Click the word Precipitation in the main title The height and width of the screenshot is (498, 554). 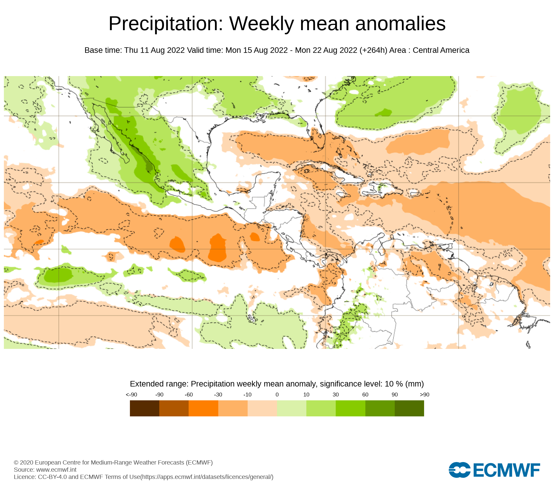click(x=166, y=24)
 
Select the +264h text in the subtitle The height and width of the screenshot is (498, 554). click(x=373, y=50)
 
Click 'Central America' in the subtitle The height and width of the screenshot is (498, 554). click(x=441, y=50)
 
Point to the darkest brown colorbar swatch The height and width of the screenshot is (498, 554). click(x=144, y=408)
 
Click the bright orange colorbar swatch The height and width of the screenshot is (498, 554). click(x=203, y=408)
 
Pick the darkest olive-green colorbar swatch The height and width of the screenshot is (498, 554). click(x=409, y=408)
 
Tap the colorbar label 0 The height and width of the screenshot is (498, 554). click(x=277, y=395)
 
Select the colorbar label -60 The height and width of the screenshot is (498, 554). click(x=189, y=395)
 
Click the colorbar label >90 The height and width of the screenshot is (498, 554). click(x=424, y=395)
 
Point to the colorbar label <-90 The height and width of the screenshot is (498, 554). click(x=131, y=395)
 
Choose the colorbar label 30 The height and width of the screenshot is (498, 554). click(x=336, y=395)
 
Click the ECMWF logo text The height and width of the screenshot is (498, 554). click(x=506, y=470)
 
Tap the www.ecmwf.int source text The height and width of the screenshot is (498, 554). click(x=56, y=470)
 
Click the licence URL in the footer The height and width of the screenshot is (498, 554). click(x=207, y=477)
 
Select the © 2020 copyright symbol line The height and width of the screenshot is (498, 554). click(x=113, y=463)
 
